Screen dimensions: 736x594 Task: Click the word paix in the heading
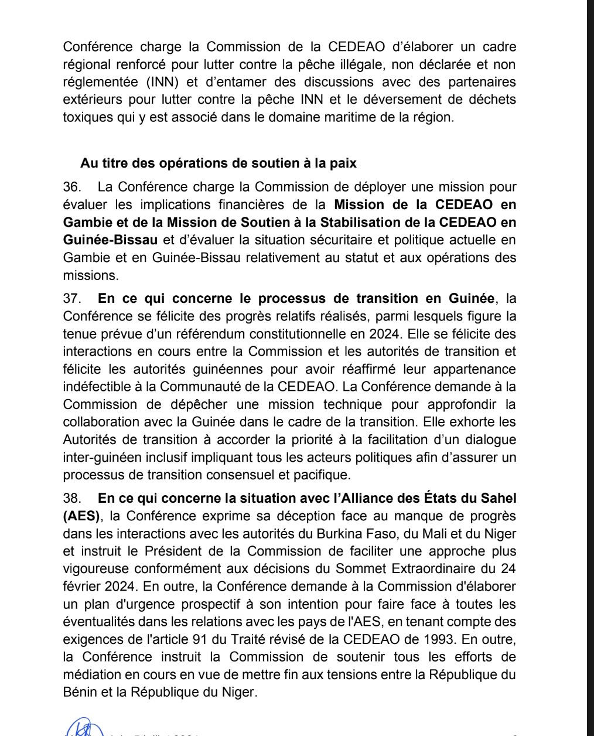point(343,163)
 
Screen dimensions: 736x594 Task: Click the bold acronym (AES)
point(82,516)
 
